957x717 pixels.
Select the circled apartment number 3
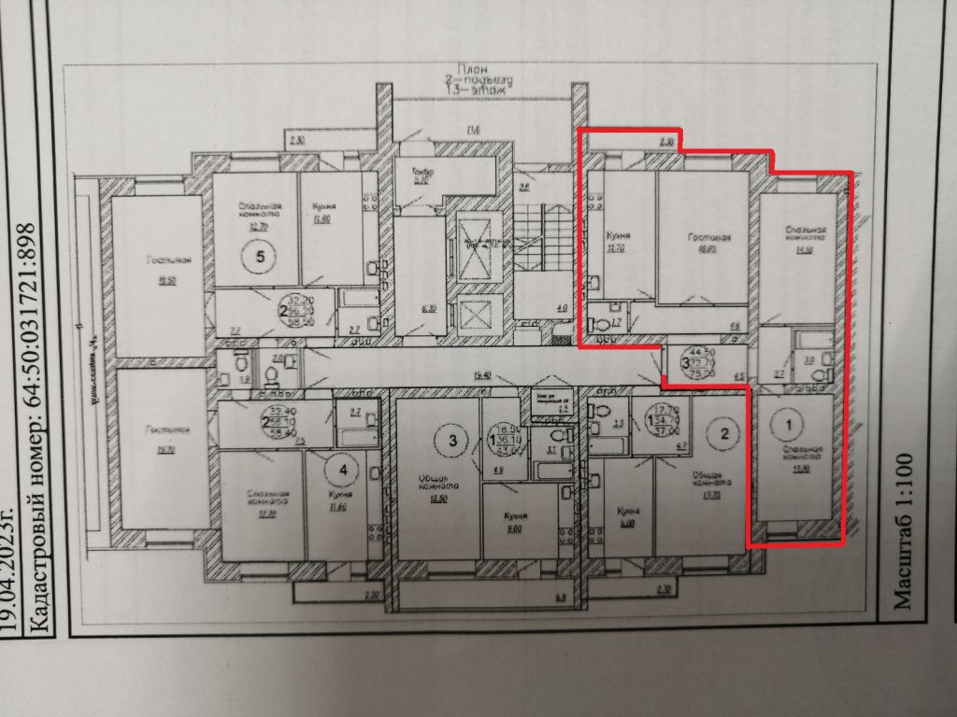[x=453, y=440]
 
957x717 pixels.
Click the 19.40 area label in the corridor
[x=482, y=375]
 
